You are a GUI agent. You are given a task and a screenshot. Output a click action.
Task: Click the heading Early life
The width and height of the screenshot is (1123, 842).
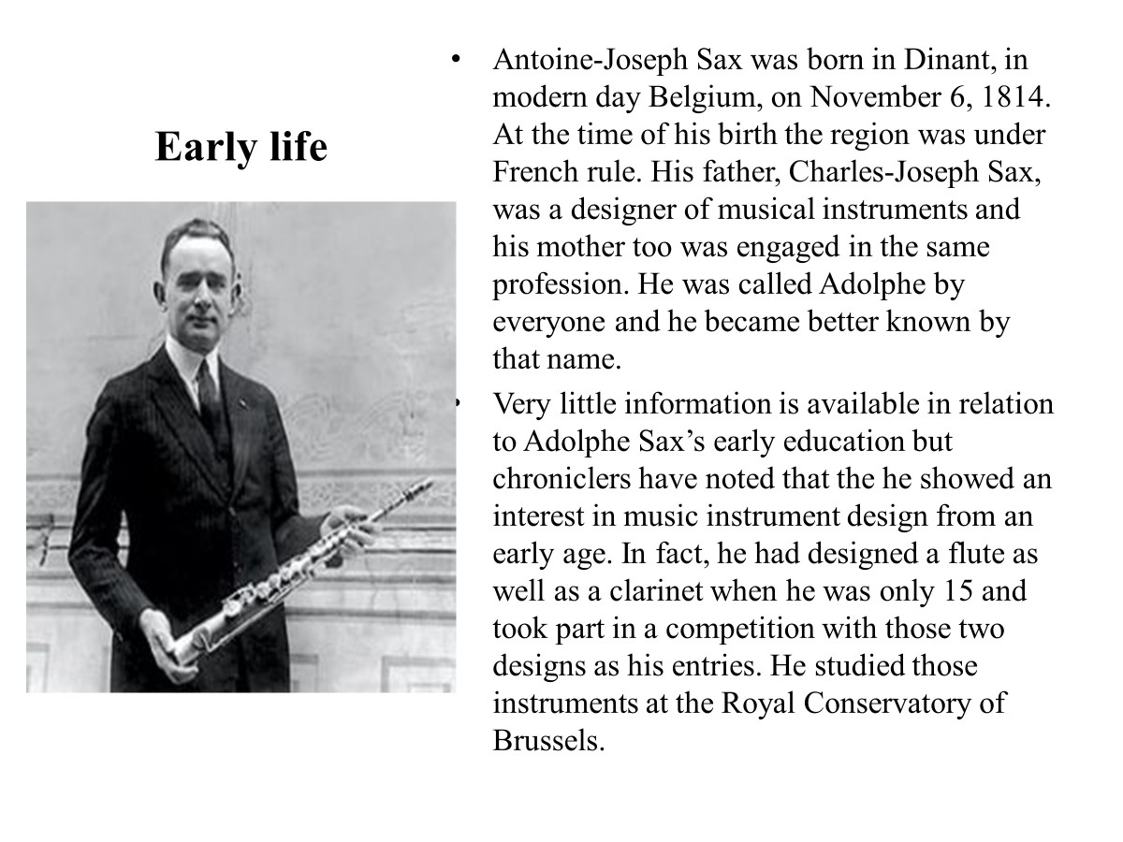241,147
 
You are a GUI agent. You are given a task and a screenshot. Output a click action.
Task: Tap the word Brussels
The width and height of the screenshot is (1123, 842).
544,741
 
